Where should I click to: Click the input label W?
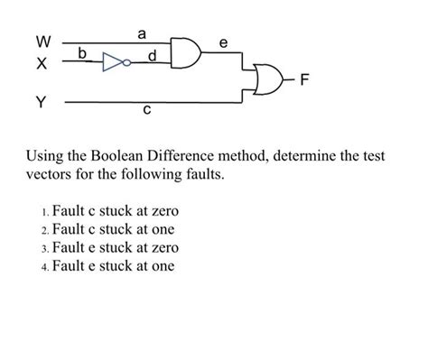click(x=43, y=42)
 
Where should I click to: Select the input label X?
click(x=42, y=63)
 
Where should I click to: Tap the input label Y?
click(x=42, y=102)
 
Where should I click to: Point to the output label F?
click(x=304, y=79)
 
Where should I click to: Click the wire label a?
click(x=142, y=34)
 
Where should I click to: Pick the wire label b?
click(x=82, y=53)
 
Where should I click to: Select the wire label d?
click(x=153, y=55)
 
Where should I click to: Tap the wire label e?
click(x=223, y=43)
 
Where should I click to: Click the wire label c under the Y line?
click(x=146, y=110)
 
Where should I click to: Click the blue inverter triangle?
click(x=112, y=62)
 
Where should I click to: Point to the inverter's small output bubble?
click(x=127, y=62)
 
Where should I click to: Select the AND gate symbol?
click(x=186, y=53)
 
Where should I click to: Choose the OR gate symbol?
click(x=269, y=79)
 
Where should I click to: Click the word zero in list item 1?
click(x=165, y=211)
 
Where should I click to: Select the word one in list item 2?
click(x=163, y=230)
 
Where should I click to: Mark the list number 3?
click(x=44, y=249)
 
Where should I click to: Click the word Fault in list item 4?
click(x=69, y=266)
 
